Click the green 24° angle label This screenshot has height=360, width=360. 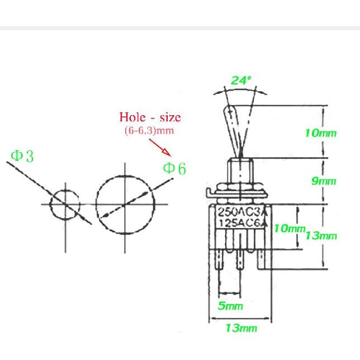tap(241, 80)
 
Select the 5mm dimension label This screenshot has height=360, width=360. tap(230, 306)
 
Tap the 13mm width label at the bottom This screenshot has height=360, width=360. tap(241, 328)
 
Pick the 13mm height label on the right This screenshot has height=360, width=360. tap(321, 235)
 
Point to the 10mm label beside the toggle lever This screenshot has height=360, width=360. tap(320, 132)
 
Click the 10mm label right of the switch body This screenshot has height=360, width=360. tap(289, 229)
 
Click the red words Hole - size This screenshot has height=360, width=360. tap(150, 117)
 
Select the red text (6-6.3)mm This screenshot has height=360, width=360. tap(149, 131)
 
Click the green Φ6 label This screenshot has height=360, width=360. tap(174, 168)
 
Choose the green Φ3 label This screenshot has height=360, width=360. tap(22, 157)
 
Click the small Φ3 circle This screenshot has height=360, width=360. tap(65, 205)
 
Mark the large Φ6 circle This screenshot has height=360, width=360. tap(124, 205)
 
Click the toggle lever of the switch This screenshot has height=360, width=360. tap(233, 126)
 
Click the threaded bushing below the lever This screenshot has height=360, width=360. tap(240, 170)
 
